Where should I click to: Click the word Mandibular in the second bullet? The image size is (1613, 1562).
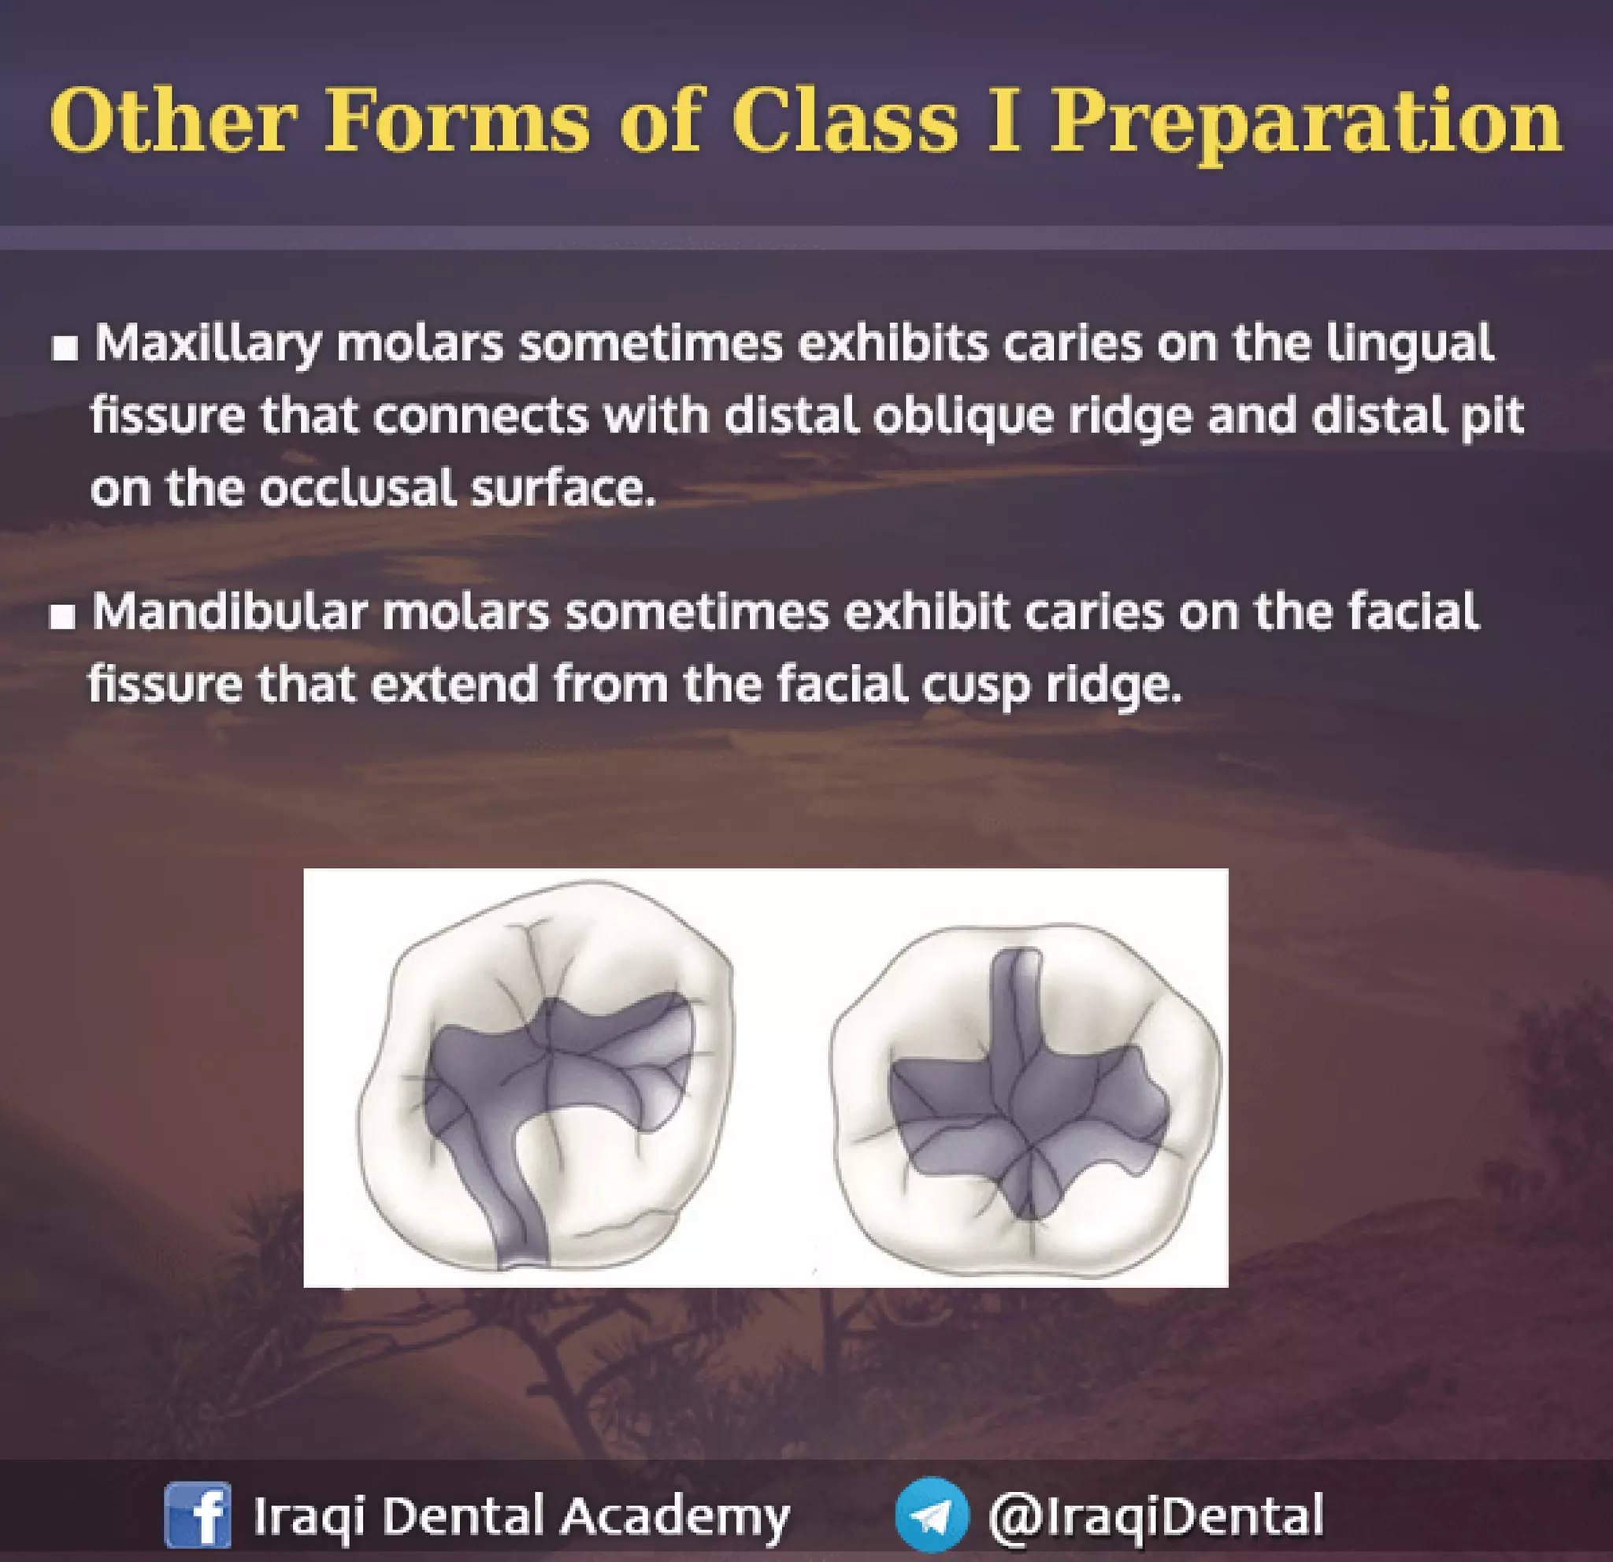(x=228, y=613)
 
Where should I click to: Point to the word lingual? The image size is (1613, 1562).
(x=1409, y=344)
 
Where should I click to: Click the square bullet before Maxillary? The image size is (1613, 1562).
(x=65, y=348)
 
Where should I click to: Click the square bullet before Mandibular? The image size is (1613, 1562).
(x=62, y=618)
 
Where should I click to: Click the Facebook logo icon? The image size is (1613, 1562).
(x=198, y=1515)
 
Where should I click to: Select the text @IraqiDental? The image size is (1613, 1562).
(x=1155, y=1515)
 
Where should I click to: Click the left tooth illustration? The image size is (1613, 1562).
(x=545, y=1078)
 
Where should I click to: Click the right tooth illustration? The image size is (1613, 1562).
(x=1025, y=1078)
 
